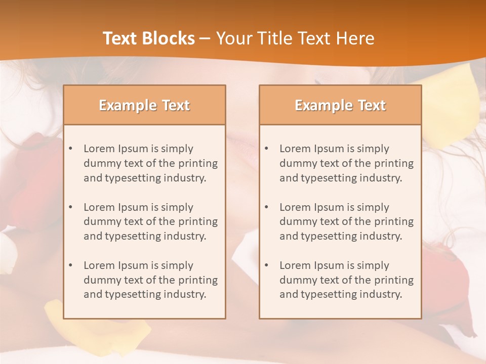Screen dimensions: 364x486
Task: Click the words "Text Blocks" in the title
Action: click(x=149, y=38)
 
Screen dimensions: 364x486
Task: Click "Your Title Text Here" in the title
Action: click(x=295, y=38)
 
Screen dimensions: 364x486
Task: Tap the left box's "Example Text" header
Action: click(x=144, y=105)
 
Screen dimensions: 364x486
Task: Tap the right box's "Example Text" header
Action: click(x=340, y=105)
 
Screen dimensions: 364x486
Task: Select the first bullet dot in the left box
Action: click(x=70, y=149)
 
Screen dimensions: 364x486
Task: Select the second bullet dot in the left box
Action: click(x=70, y=207)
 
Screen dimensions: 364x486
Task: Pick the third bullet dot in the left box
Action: click(x=70, y=265)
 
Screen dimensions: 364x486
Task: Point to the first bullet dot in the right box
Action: click(x=266, y=149)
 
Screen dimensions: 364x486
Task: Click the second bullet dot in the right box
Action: click(x=266, y=207)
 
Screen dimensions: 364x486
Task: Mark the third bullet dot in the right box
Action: click(x=266, y=265)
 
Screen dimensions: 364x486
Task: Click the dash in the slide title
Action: click(x=205, y=38)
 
